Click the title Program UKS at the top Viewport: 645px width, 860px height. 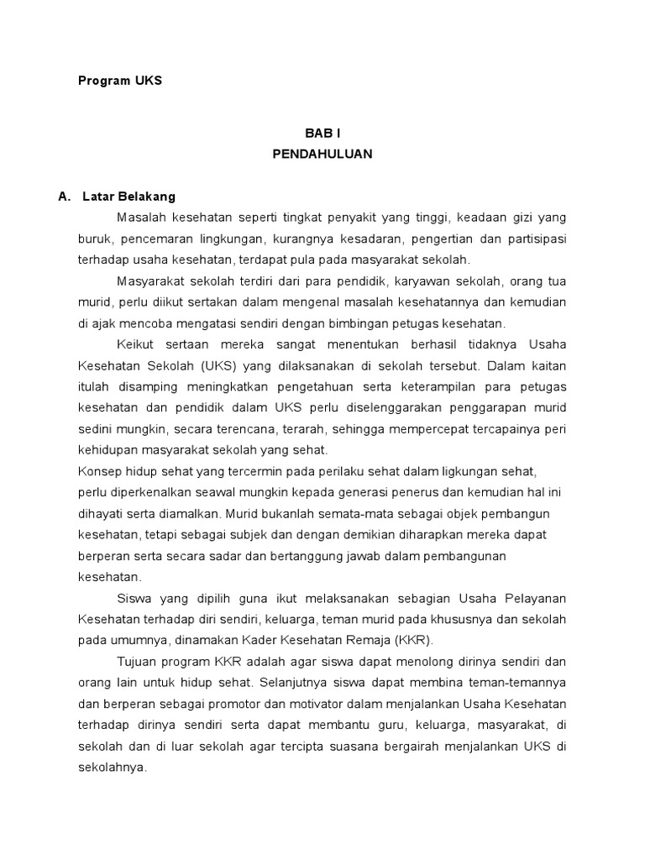[119, 81]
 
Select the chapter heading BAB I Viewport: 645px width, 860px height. [322, 134]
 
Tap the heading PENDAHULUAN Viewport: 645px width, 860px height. [322, 155]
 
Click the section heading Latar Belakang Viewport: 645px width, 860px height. [129, 197]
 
